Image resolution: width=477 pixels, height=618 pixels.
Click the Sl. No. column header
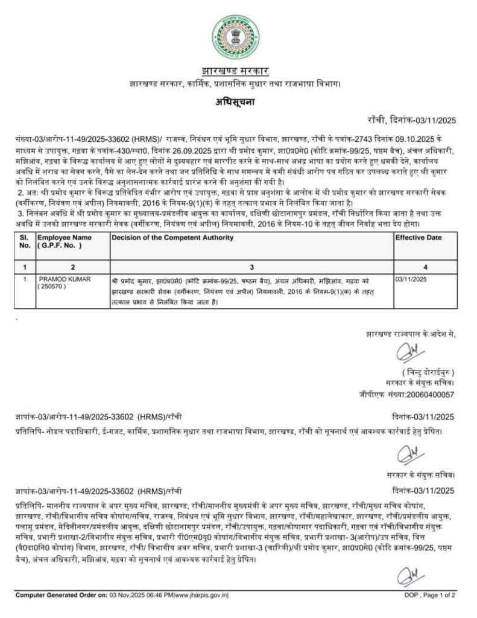tap(25, 241)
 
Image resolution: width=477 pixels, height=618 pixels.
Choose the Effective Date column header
tap(419, 238)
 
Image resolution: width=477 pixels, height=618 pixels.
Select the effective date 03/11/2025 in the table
tap(411, 279)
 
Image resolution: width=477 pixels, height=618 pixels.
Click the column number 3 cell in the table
tap(251, 266)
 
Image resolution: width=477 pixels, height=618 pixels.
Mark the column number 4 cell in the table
tap(425, 266)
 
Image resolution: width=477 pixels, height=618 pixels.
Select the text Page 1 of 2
tap(438, 594)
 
